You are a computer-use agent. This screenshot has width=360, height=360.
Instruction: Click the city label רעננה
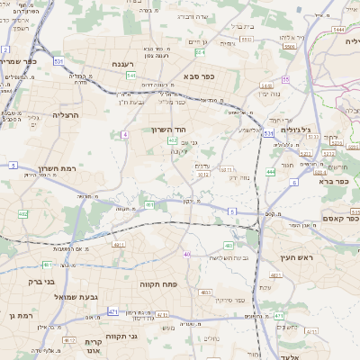pyautogui.click(x=123, y=65)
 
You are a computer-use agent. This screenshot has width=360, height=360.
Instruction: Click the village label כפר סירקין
pyautogui.click(x=235, y=300)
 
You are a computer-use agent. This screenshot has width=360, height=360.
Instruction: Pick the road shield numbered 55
pyautogui.click(x=285, y=80)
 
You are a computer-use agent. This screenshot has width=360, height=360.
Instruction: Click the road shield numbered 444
pyautogui.click(x=270, y=171)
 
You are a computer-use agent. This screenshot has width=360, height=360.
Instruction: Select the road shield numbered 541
pyautogui.click(x=130, y=76)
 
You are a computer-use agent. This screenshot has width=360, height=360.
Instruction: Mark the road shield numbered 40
pyautogui.click(x=187, y=255)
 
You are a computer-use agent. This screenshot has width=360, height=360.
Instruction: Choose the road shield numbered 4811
pyautogui.click(x=118, y=244)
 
